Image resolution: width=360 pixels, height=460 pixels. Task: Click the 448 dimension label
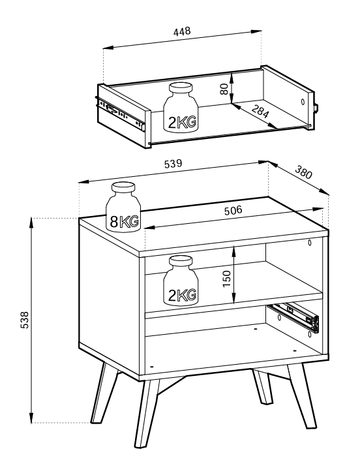click(182, 31)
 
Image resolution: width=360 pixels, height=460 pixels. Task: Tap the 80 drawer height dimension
click(224, 89)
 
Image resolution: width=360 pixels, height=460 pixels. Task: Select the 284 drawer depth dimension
click(260, 112)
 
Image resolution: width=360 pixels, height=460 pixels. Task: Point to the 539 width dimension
click(173, 164)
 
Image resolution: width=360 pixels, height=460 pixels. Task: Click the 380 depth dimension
click(303, 172)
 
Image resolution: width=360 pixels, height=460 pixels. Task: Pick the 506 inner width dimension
click(233, 210)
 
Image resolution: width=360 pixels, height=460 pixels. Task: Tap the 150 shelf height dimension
click(227, 279)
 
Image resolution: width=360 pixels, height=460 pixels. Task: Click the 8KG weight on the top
click(123, 207)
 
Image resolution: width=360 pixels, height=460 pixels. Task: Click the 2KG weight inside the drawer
click(181, 107)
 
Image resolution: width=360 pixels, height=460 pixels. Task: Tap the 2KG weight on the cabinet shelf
click(181, 281)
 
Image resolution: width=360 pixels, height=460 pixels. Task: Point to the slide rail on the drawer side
click(121, 113)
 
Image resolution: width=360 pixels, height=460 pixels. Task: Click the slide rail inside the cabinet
click(293, 318)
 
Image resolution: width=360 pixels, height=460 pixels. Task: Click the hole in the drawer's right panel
click(303, 102)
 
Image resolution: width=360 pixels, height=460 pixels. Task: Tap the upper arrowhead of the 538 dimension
click(31, 223)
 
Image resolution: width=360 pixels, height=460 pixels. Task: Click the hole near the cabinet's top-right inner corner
click(310, 242)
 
